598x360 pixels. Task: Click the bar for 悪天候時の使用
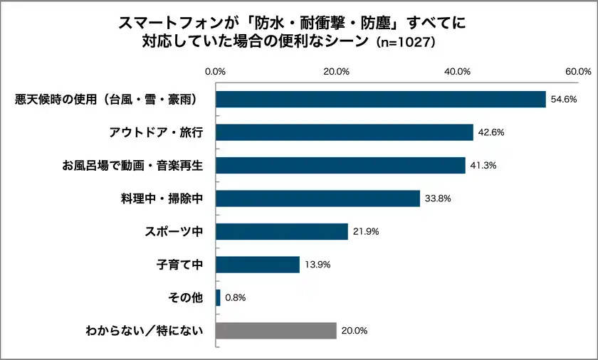(380, 99)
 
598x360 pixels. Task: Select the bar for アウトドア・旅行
(344, 132)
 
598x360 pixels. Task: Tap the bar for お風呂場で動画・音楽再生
(340, 165)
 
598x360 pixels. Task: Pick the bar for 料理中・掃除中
(318, 198)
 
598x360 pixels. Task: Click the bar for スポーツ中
(281, 231)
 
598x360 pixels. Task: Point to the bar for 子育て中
(257, 265)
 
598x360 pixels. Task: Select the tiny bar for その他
(218, 298)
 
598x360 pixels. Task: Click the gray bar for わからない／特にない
(276, 331)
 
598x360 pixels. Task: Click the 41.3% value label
(483, 166)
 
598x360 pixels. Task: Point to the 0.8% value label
(235, 298)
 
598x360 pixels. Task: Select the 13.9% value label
(318, 265)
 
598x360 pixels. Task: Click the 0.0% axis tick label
(215, 72)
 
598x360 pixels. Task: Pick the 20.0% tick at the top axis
(336, 72)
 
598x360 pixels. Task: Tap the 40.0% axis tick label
(457, 72)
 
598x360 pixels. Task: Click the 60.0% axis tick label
(578, 72)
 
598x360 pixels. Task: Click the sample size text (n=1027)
(405, 42)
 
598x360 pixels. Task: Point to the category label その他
(187, 298)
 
